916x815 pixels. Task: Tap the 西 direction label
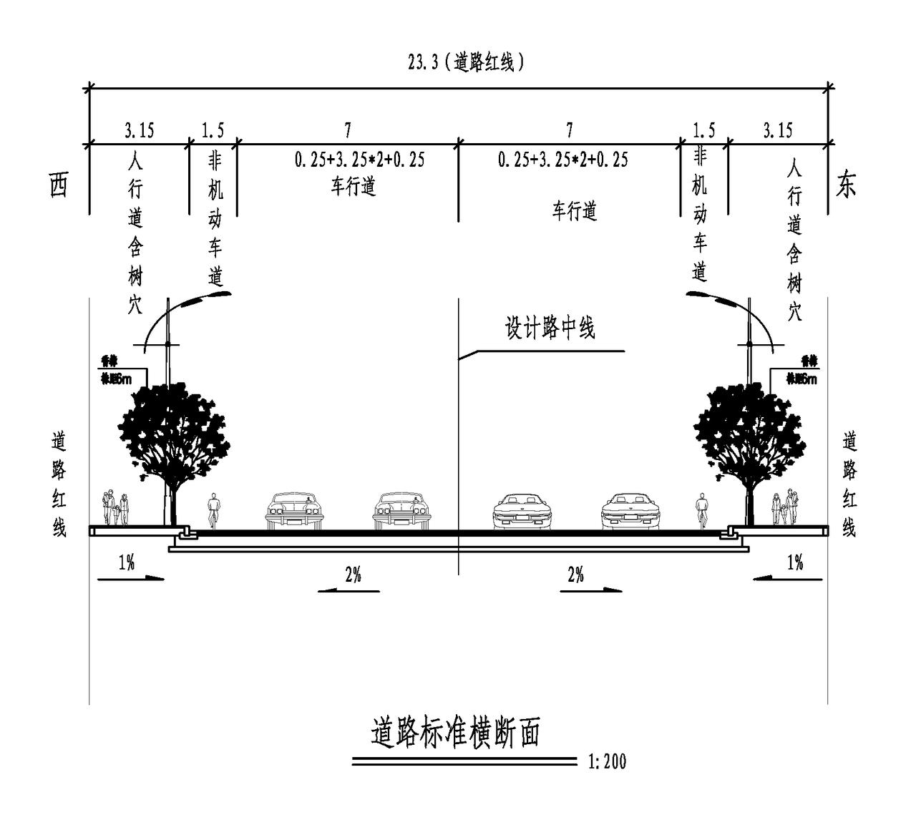59,185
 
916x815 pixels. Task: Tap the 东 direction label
846,185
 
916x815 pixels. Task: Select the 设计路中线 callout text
550,328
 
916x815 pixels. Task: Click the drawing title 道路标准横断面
455,733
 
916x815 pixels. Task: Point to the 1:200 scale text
607,761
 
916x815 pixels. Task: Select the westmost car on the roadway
294,511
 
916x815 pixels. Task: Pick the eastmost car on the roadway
628,511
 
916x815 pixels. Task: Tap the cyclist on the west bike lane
213,512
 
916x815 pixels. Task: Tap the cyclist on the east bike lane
702,512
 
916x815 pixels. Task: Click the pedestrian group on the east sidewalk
784,508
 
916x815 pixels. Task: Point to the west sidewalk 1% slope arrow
130,577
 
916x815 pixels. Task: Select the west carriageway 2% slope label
353,575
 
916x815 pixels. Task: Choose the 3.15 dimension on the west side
139,130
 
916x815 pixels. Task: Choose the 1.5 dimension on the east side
703,130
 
